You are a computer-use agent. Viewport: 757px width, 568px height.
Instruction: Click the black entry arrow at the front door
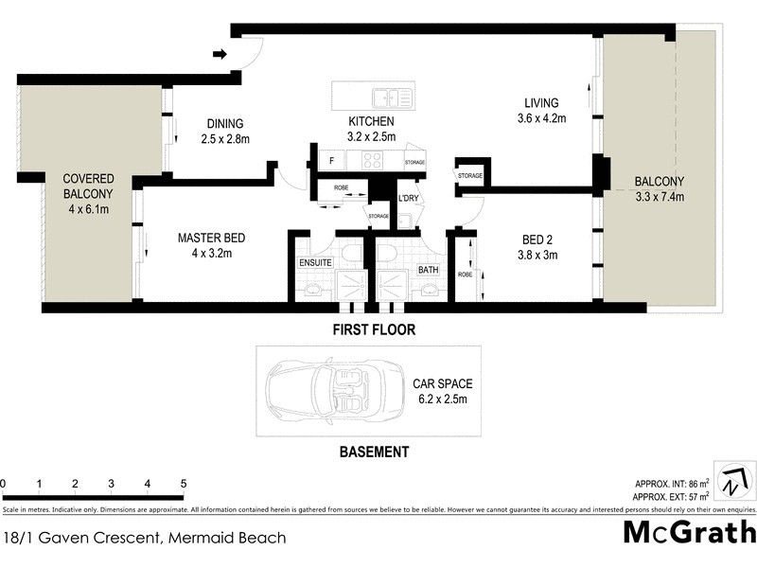tap(220, 54)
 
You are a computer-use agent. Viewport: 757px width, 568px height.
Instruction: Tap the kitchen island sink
tap(385, 97)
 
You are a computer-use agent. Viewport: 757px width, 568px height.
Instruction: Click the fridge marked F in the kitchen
tap(332, 161)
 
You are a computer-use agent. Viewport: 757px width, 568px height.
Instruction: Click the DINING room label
tap(224, 123)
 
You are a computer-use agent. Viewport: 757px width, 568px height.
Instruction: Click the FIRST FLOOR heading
tap(373, 330)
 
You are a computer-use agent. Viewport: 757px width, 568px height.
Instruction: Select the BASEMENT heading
tap(374, 452)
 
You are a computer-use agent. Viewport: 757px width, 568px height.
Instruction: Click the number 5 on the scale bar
tap(183, 484)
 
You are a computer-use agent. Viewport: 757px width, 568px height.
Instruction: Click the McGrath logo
tap(689, 532)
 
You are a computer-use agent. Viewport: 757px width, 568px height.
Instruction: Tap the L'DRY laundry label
tap(408, 197)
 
